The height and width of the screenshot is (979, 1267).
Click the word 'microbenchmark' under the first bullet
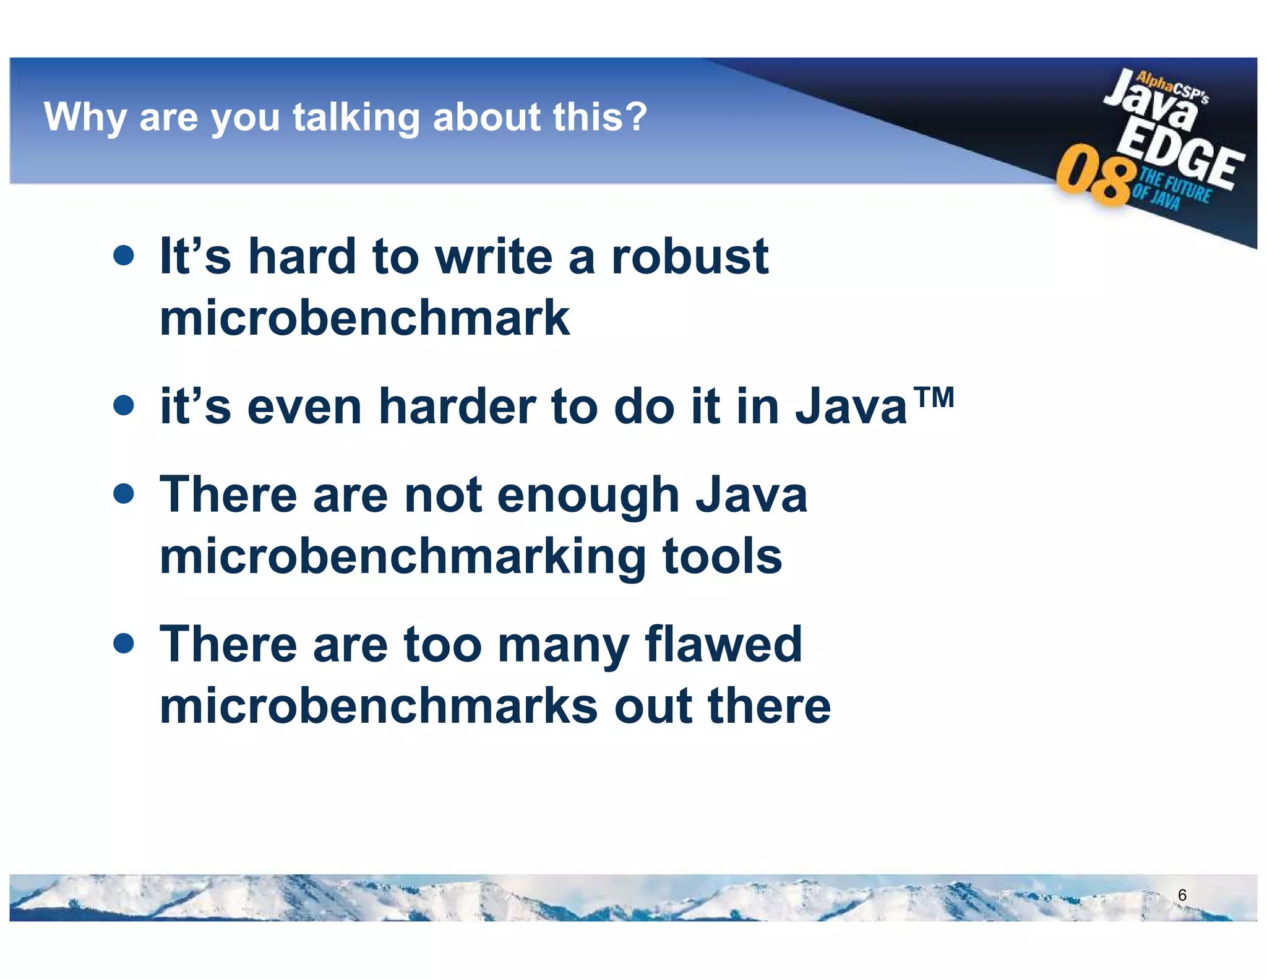coord(364,317)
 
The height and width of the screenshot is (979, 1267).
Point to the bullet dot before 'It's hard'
coord(124,255)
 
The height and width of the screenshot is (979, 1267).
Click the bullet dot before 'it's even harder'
coord(124,405)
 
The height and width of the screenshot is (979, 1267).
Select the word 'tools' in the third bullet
coord(722,556)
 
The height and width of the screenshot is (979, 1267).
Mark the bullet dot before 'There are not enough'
coord(124,494)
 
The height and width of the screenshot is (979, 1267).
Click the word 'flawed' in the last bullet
coord(723,644)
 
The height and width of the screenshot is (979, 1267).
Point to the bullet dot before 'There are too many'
coord(124,644)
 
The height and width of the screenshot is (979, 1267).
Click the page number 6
coord(1182,895)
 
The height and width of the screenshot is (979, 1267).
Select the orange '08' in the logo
coord(1094,176)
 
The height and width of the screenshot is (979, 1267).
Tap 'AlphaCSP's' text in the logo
coord(1172,88)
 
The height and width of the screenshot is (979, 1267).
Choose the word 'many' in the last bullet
coord(562,645)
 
